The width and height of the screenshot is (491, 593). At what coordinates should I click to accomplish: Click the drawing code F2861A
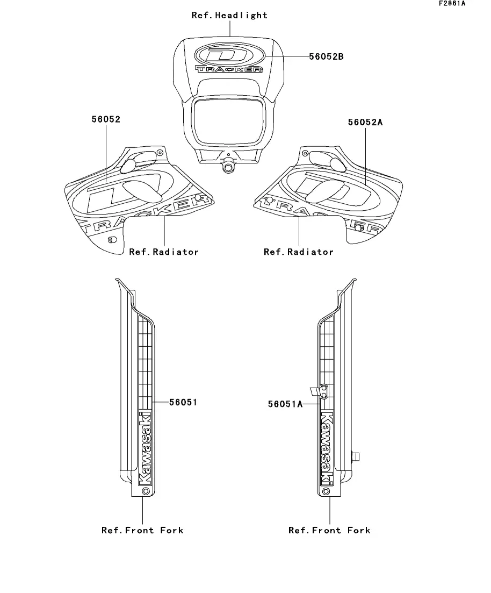point(452,3)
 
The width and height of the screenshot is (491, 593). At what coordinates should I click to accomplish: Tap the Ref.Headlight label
point(229,15)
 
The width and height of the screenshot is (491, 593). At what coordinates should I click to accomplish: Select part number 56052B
point(326,56)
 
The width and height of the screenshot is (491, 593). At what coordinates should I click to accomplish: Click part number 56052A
point(365,122)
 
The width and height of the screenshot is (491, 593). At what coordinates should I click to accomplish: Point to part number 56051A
point(285,404)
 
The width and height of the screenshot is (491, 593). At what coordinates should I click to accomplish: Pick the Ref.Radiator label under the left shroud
point(164,252)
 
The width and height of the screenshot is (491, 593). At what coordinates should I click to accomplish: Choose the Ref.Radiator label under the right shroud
point(299,252)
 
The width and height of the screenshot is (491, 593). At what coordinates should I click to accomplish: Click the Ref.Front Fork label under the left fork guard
point(142,530)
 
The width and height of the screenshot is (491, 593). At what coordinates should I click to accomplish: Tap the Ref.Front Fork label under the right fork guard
point(329,530)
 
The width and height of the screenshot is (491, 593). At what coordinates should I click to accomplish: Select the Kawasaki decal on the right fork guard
point(326,446)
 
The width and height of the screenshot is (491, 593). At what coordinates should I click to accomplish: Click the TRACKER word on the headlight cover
point(229,69)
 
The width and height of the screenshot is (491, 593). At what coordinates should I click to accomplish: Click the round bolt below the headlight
point(229,167)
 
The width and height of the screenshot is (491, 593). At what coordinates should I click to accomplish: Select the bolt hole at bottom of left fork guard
point(145,491)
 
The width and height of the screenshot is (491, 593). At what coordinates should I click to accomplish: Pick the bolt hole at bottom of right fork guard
point(326,491)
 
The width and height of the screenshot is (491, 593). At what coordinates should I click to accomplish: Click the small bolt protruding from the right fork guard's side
point(355,457)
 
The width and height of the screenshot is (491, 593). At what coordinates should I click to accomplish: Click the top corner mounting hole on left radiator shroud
point(160,153)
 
